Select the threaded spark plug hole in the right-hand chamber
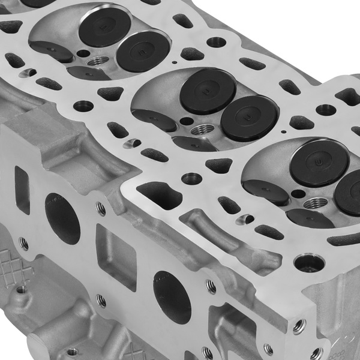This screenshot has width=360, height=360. (312, 203)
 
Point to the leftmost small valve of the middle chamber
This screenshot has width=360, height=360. (154, 120)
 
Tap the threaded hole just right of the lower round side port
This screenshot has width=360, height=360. (211, 287)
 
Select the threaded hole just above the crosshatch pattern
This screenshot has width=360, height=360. (23, 244)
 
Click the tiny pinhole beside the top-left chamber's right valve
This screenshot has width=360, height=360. (173, 61)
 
